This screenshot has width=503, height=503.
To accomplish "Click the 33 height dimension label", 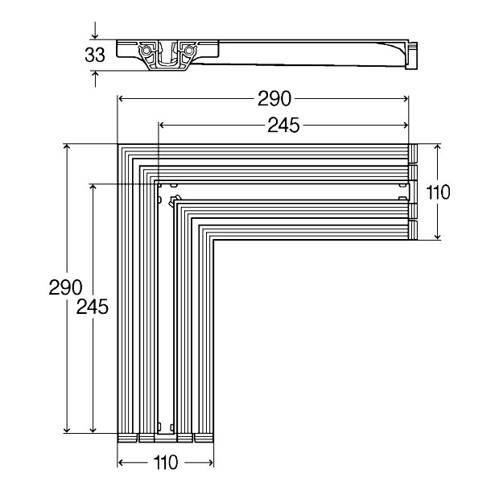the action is pos(95,55).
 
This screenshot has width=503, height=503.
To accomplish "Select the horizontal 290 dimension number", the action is pos(274,98).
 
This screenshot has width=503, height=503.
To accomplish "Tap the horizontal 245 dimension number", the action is pos(283,125).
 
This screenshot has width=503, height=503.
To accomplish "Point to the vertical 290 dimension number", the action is pos(65,287).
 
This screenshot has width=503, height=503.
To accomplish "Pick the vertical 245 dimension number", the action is pos(93,307).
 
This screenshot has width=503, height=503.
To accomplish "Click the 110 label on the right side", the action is pos(438,192).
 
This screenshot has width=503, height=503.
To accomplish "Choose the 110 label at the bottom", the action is pos(166,462).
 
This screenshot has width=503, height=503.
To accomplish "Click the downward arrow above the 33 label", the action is pos(95,31).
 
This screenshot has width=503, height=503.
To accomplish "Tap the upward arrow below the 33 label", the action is pos(95,79).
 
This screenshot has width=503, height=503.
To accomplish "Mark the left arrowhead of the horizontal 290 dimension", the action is pos(121,98).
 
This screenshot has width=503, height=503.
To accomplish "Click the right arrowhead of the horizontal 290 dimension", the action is pos(405,98).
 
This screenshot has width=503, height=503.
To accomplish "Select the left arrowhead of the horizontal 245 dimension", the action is pos(162,125).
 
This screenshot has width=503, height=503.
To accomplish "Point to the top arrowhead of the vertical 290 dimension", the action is pos(67,147).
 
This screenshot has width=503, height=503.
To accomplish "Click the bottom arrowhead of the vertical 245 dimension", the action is pos(93,430).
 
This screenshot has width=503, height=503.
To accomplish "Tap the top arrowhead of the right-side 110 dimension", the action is pos(438,147).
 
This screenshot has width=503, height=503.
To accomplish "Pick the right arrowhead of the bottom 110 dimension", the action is pos(210,463).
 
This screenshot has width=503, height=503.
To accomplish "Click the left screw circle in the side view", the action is pos(146,51).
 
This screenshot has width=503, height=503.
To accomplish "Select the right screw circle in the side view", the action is pos(190,51).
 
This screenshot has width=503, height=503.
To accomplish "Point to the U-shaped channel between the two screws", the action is pos(167,55).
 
